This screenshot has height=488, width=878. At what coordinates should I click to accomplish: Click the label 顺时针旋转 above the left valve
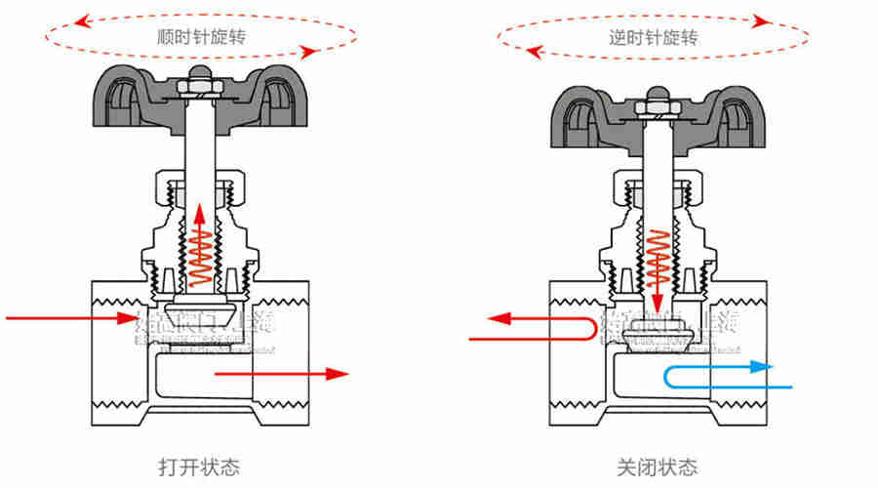(199, 38)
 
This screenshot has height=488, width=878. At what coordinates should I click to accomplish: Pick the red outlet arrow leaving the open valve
(283, 373)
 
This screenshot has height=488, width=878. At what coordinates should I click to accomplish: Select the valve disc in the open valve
(199, 315)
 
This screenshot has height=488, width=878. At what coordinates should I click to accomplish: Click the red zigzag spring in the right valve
(657, 249)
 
